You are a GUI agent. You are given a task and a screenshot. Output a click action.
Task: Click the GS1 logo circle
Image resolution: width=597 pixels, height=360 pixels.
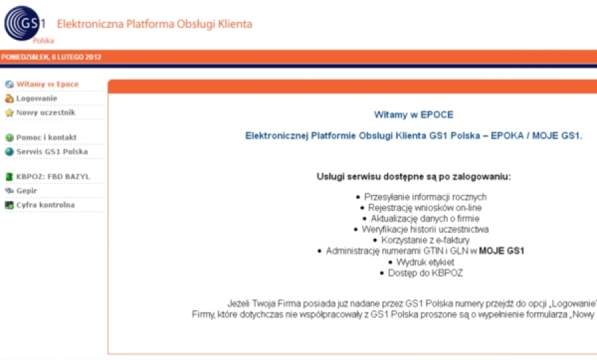pyautogui.click(x=22, y=23)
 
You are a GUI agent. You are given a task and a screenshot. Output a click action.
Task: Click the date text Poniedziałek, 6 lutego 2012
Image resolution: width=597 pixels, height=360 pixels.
pyautogui.click(x=51, y=57)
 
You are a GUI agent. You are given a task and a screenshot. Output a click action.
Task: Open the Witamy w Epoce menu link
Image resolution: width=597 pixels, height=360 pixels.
pyautogui.click(x=48, y=84)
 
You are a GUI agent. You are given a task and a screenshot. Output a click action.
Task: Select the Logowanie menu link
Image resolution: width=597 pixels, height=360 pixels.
pyautogui.click(x=36, y=98)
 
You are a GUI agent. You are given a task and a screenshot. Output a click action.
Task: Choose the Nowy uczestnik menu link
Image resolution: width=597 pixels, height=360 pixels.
pyautogui.click(x=46, y=113)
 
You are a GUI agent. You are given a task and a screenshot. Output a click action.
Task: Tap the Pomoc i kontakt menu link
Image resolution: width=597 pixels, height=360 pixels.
pyautogui.click(x=46, y=137)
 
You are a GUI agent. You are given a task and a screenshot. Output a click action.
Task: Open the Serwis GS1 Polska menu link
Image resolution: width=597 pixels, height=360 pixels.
pyautogui.click(x=52, y=151)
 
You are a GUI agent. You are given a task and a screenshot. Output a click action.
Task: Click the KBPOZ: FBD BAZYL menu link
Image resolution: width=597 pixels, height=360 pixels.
pyautogui.click(x=53, y=176)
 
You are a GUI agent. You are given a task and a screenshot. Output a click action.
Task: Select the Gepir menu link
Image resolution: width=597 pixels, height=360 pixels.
pyautogui.click(x=27, y=191)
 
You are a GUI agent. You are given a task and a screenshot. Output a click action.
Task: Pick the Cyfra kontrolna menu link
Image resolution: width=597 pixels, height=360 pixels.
pyautogui.click(x=45, y=205)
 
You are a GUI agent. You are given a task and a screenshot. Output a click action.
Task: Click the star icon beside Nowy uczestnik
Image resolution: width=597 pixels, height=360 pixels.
pyautogui.click(x=9, y=113)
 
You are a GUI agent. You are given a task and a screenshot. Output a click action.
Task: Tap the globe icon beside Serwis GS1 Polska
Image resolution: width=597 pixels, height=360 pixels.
pyautogui.click(x=9, y=152)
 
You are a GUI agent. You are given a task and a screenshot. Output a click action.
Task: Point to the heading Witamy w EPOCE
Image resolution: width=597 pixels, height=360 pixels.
pyautogui.click(x=413, y=115)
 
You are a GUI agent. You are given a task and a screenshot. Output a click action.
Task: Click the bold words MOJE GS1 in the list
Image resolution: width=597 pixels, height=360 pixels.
pyautogui.click(x=501, y=251)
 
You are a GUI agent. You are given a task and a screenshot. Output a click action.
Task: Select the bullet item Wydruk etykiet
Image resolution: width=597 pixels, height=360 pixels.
pyautogui.click(x=425, y=262)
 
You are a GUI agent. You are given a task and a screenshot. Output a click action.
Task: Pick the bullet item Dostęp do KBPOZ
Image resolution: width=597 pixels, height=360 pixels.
pyautogui.click(x=425, y=273)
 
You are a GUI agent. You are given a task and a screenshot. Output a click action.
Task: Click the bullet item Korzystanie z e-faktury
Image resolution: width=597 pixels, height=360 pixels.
pyautogui.click(x=425, y=240)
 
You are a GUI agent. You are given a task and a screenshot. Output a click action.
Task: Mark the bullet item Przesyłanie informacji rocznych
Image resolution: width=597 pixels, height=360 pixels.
pyautogui.click(x=425, y=197)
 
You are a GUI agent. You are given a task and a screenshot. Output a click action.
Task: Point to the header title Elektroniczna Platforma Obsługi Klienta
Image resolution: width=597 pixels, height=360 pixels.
pyautogui.click(x=154, y=24)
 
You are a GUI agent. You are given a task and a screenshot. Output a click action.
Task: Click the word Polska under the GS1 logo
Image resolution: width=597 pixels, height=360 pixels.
pyautogui.click(x=43, y=40)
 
